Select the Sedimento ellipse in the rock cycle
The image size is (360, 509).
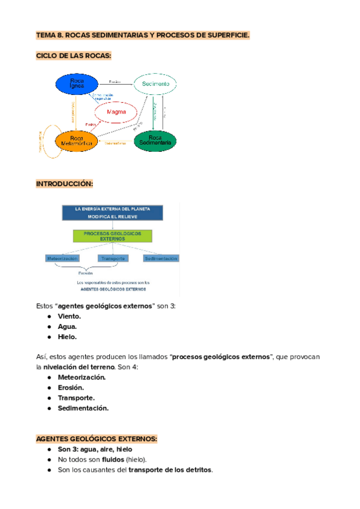(155, 84)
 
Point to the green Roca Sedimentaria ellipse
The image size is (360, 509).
(155, 141)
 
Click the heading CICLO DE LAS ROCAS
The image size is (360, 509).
(74, 56)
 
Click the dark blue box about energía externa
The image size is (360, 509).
(112, 213)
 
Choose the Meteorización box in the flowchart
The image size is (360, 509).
(62, 258)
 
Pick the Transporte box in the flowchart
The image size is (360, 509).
(112, 258)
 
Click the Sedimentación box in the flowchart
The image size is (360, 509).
(161, 258)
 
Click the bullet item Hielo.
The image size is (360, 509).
(67, 337)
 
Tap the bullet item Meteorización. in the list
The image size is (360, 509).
(82, 377)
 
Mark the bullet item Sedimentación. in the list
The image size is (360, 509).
(83, 408)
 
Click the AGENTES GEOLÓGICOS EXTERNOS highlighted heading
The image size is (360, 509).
(97, 439)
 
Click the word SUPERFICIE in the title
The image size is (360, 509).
(227, 35)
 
